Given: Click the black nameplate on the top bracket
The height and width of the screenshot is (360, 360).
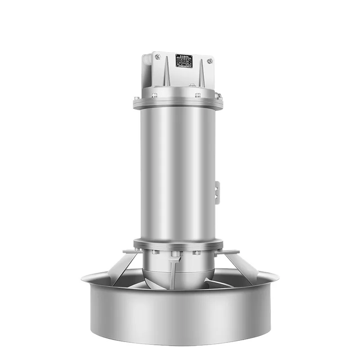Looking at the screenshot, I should point(184,61).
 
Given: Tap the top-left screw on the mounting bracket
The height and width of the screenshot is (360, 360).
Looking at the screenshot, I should point(157,57).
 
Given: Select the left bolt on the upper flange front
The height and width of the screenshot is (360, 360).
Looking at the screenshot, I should point(154,95).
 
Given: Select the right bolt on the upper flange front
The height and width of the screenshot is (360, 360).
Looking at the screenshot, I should point(198,95).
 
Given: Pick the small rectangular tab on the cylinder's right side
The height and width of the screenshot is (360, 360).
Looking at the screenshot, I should point(217,193).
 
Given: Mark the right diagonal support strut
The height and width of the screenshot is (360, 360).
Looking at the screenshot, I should point(238,268).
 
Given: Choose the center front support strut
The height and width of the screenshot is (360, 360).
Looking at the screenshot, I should point(173,272).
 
